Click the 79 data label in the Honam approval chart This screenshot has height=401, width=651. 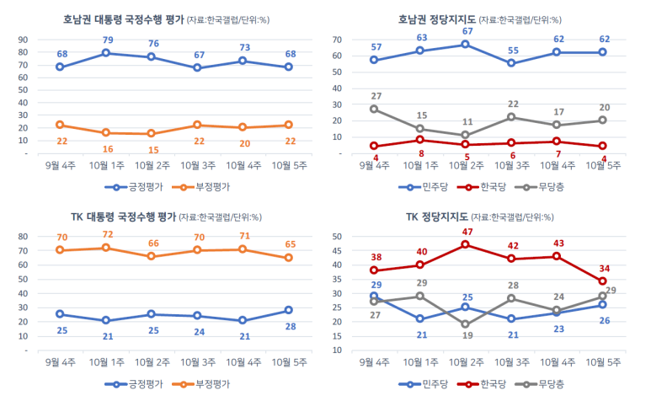pyautogui.click(x=108, y=40)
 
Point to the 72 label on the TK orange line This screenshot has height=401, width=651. pyautogui.click(x=108, y=233)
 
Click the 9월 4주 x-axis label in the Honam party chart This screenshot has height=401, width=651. pyautogui.click(x=374, y=165)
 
